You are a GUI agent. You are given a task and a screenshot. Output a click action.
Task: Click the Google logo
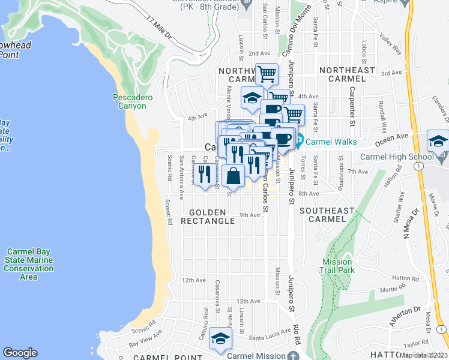click(20, 353)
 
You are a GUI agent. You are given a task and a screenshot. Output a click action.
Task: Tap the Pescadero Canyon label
click(130, 101)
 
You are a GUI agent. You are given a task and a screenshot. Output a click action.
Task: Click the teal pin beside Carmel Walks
click(298, 142)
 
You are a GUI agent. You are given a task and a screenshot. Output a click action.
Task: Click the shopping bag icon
click(233, 176)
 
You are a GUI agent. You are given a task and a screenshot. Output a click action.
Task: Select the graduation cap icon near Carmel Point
click(220, 339)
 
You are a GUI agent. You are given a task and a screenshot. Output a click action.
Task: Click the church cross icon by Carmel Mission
click(292, 355)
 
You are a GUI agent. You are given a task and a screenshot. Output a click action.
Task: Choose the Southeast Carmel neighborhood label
click(327, 215)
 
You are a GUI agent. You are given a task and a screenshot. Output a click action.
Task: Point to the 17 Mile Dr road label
click(159, 29)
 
